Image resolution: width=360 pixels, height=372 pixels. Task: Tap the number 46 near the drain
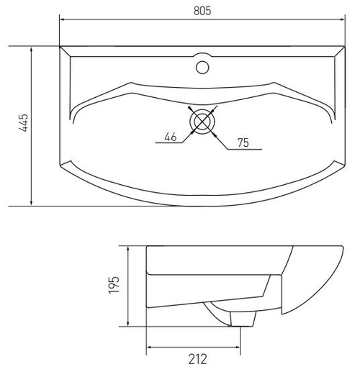[171, 137]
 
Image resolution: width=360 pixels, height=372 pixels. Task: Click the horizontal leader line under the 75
[245, 150]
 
